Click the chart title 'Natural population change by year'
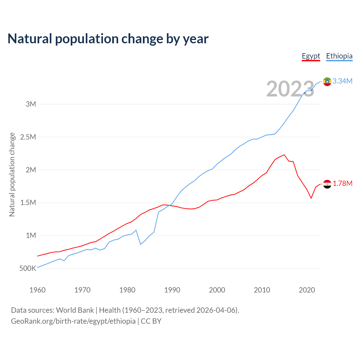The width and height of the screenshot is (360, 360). coord(108,39)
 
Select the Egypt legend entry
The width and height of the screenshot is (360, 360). coord(311,56)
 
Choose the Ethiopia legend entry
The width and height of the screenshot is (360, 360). coord(339,56)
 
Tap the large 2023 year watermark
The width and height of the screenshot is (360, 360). coord(290,89)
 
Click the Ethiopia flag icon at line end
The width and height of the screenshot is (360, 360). coord(327,81)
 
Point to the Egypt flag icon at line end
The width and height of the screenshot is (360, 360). coord(327,184)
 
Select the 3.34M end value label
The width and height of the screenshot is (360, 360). coord(343,81)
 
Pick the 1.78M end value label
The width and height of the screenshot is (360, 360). coord(343,184)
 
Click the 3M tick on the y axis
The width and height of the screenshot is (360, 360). coord(31,104)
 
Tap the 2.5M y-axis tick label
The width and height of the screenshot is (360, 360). coord(28,137)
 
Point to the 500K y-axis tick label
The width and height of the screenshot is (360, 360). coord(28,269)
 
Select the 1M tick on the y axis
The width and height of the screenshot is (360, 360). coord(31,236)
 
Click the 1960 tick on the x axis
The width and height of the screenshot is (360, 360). coord(37,290)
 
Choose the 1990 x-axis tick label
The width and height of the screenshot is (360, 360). coord(172,290)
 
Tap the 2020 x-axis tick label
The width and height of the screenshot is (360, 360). coord(307,290)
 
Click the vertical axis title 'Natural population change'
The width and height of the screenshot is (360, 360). coord(12,175)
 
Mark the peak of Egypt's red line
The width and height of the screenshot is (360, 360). coord(284,155)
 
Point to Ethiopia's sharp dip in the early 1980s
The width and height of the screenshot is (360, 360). coord(141,244)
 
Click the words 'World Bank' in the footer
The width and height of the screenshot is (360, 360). coord(75,310)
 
